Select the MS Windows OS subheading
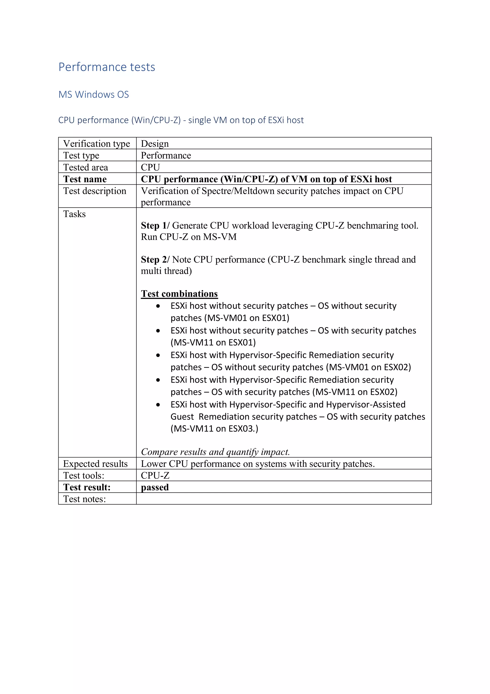(94, 95)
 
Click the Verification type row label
(97, 144)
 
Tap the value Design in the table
(155, 144)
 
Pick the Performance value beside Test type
(166, 155)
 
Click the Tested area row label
(85, 167)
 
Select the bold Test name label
(85, 179)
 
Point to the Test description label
(95, 191)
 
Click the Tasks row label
(74, 214)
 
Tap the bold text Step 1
(153, 226)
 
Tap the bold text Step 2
(153, 259)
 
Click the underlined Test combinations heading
(179, 294)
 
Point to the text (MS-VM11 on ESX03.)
(214, 429)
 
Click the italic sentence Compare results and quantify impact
(215, 452)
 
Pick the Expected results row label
(95, 464)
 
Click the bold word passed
(155, 487)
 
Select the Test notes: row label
(84, 499)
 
